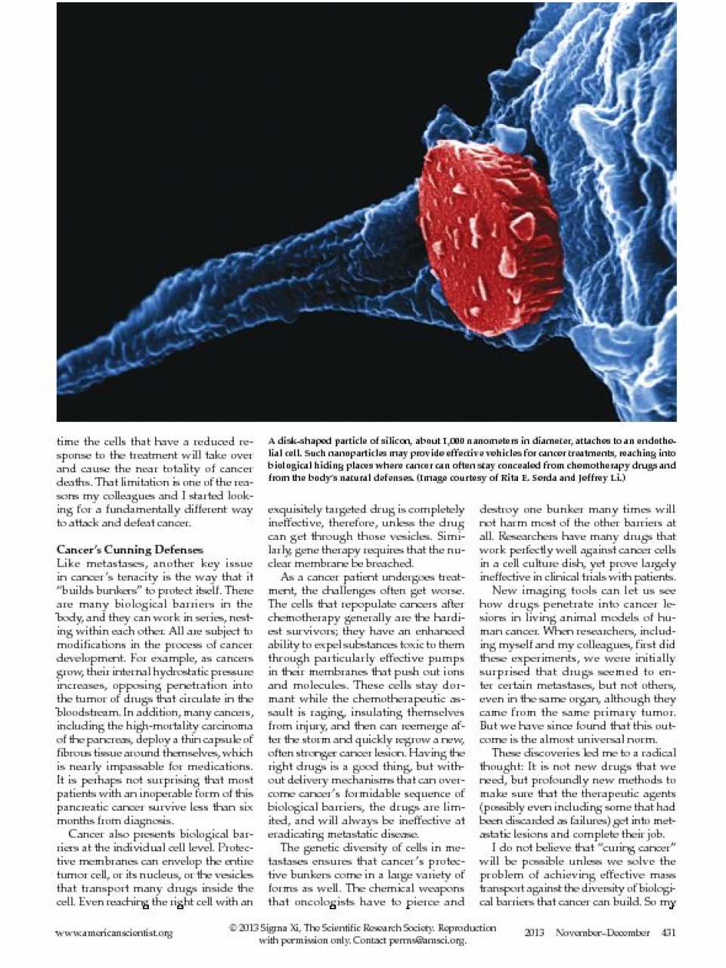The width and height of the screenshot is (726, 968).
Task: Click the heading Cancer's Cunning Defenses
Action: coord(129,550)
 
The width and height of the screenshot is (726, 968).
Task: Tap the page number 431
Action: coord(668,932)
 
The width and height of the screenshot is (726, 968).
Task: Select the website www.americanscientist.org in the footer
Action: coord(113,933)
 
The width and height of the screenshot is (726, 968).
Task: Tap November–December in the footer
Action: coord(603,932)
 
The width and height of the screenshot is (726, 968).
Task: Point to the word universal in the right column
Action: coord(606,739)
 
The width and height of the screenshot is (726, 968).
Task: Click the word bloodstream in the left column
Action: coord(87,712)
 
